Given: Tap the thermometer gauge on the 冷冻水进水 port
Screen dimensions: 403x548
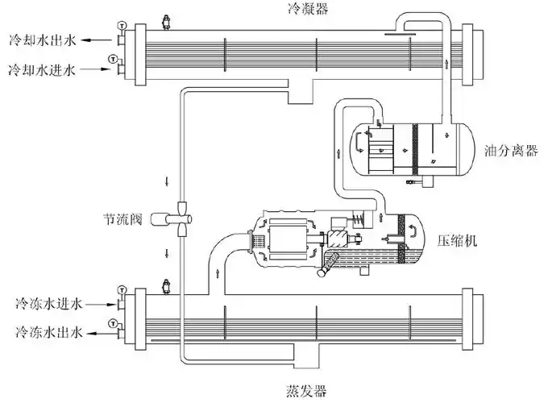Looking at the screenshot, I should (x=121, y=289).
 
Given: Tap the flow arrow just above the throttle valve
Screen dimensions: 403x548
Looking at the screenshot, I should (x=167, y=179).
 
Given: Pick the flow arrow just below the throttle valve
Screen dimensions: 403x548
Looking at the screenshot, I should (x=167, y=253).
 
